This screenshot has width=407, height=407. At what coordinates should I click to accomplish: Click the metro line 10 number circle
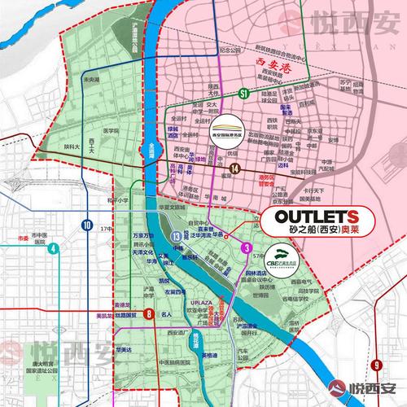(86, 223)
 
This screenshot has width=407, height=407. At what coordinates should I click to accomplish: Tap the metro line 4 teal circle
(53, 248)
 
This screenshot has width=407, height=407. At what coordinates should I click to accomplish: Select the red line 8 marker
(148, 313)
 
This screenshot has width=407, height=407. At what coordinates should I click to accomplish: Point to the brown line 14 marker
(235, 168)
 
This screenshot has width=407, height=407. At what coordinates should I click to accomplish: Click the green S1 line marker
(243, 95)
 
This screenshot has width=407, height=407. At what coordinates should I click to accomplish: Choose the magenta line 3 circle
(247, 246)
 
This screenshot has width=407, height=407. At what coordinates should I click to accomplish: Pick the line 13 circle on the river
(176, 236)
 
